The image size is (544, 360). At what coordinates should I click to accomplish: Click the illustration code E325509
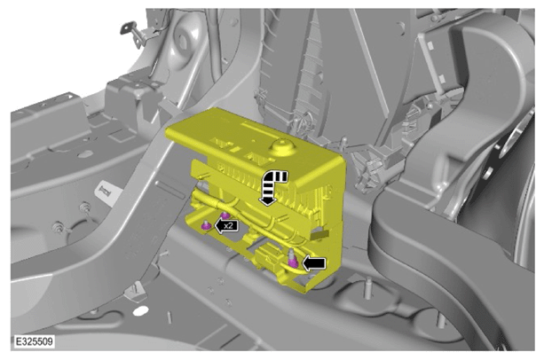click(x=35, y=341)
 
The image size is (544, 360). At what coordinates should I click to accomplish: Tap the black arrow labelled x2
click(x=226, y=226)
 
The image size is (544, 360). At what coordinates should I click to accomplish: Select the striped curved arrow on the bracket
click(x=272, y=186)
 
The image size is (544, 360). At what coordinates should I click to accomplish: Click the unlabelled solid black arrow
click(x=314, y=263)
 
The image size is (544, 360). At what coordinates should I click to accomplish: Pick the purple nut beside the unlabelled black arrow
click(x=293, y=263)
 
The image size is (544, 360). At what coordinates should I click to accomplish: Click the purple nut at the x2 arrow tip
click(x=207, y=225)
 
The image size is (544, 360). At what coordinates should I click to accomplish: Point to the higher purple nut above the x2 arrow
click(x=225, y=215)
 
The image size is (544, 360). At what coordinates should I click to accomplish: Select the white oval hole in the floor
click(x=140, y=311)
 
